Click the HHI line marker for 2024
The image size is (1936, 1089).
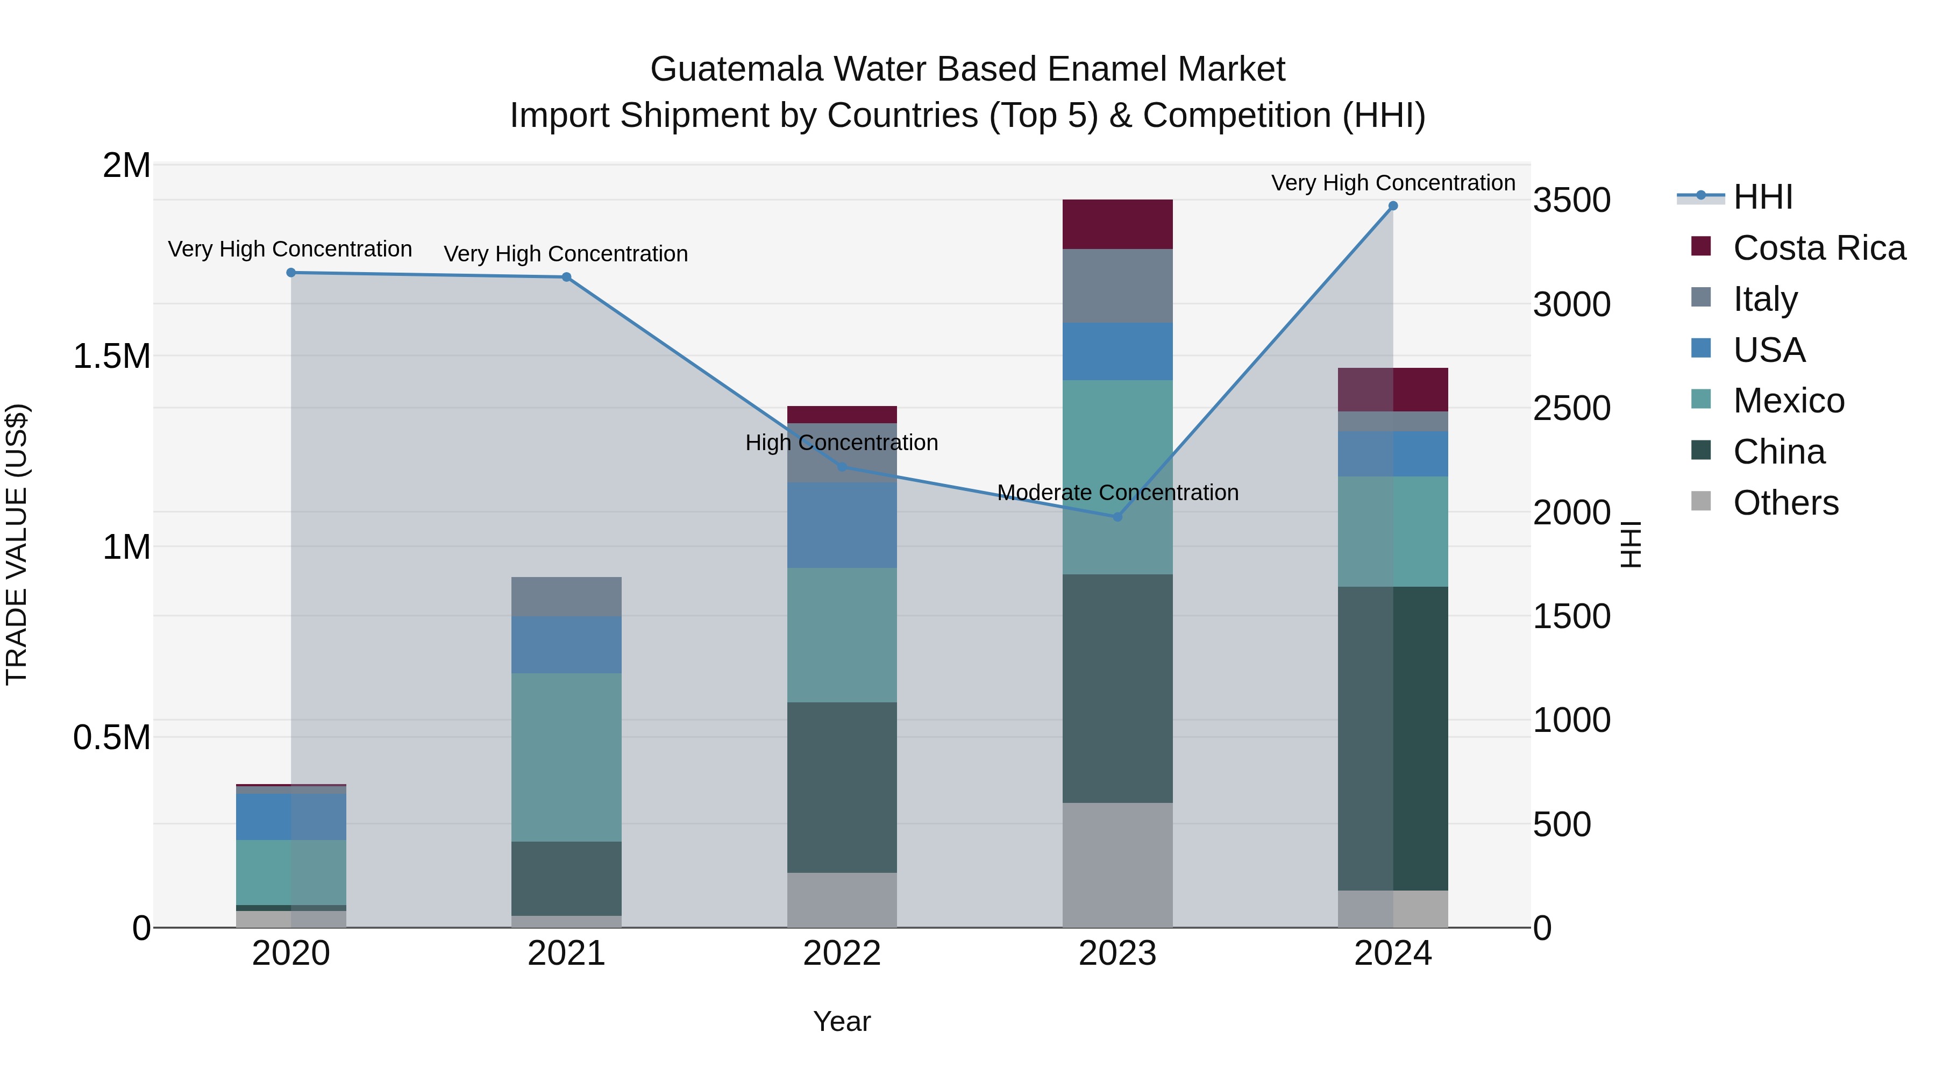(1393, 206)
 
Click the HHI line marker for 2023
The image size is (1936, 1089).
(1117, 517)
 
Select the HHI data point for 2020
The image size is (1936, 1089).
(291, 273)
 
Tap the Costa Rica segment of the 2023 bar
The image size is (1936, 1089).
(1117, 224)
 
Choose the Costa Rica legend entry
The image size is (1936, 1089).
(1819, 248)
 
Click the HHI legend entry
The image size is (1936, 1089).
(1762, 197)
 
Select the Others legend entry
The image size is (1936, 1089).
(1785, 503)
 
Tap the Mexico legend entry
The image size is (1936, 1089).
(1788, 401)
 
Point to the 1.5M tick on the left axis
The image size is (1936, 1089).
(112, 356)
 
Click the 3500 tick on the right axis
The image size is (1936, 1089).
(1571, 201)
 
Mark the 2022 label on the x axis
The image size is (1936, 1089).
(842, 953)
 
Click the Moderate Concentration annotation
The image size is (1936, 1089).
(1117, 493)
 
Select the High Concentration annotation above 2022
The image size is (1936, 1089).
(842, 443)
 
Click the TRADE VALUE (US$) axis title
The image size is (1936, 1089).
(17, 544)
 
